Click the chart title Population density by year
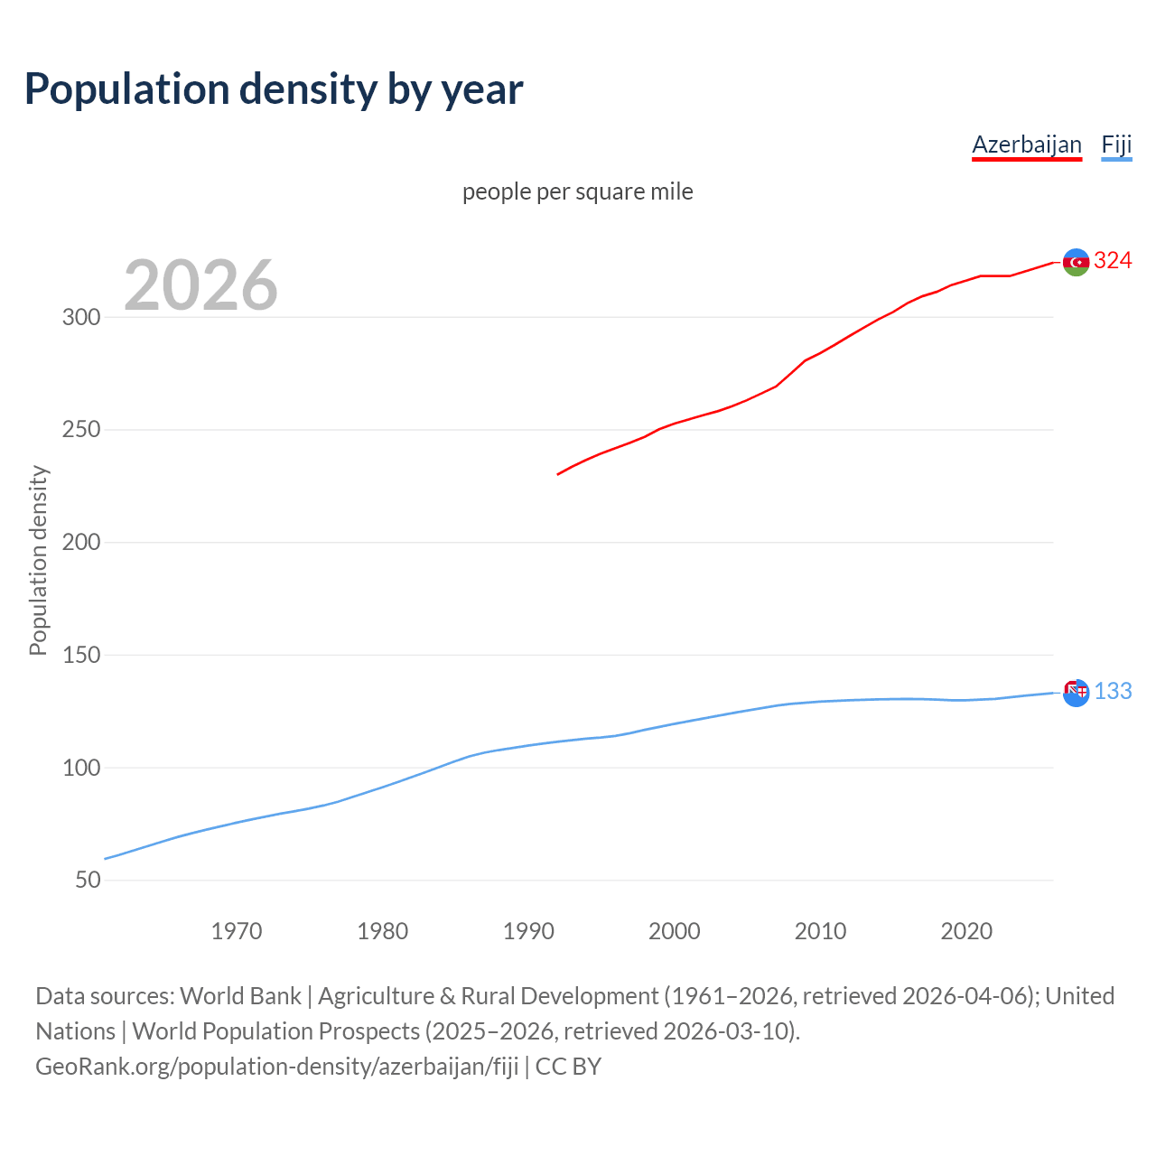click(x=274, y=89)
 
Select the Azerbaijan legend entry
click(x=1026, y=144)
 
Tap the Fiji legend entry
click(x=1116, y=144)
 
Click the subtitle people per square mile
click(x=577, y=191)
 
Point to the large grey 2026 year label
click(x=200, y=285)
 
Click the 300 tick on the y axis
click(x=80, y=317)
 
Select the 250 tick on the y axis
click(x=80, y=430)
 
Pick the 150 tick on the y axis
click(x=80, y=655)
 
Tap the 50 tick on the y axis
click(x=88, y=880)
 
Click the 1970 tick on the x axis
click(x=237, y=931)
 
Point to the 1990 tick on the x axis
click(x=528, y=931)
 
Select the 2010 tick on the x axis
click(x=820, y=931)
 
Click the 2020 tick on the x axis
click(x=966, y=931)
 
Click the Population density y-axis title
click(x=38, y=560)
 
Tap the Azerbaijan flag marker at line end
click(x=1076, y=262)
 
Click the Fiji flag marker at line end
click(x=1076, y=693)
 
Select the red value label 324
click(x=1113, y=261)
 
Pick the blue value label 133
click(x=1113, y=692)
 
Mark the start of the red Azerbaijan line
click(x=558, y=474)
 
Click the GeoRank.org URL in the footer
click(x=276, y=1067)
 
